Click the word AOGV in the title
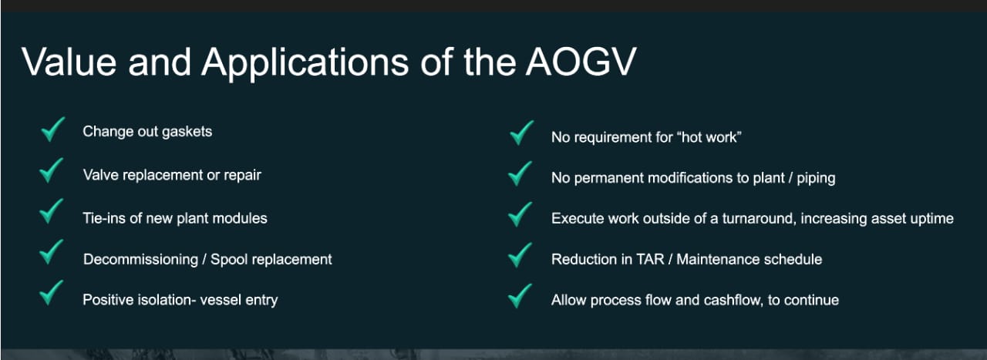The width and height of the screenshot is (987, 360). pos(581,62)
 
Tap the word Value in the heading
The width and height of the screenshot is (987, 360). pos(69,62)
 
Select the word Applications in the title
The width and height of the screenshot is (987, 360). pos(305,63)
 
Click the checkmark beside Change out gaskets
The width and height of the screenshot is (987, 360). pos(53,129)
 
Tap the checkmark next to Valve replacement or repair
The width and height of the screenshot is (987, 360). pos(51,170)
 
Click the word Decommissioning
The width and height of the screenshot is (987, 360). pos(140,260)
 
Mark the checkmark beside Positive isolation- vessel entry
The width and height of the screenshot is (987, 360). pos(51,293)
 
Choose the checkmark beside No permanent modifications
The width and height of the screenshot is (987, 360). pos(520,173)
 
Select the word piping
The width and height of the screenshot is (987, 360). pos(816,178)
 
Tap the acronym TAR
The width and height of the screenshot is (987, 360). pos(650,259)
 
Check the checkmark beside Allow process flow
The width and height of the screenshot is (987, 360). pos(520,296)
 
